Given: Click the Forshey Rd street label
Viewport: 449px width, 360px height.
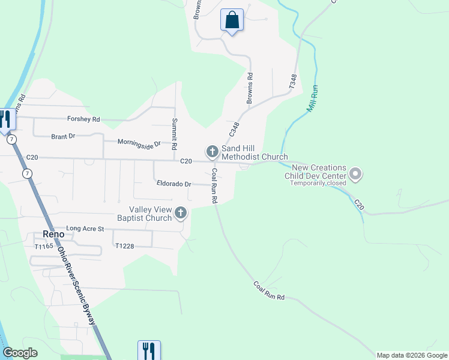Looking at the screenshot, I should click(83, 119).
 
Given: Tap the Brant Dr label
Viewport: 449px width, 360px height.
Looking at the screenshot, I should click(63, 137).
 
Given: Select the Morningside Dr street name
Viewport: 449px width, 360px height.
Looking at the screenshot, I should click(139, 143).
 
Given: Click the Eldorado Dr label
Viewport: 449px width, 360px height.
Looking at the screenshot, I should click(173, 184).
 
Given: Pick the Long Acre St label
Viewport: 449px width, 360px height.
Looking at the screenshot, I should click(85, 229).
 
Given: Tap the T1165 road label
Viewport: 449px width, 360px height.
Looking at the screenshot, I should click(44, 247).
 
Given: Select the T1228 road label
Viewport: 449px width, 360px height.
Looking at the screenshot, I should click(124, 246).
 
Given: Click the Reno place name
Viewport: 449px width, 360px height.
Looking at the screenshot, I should click(54, 234).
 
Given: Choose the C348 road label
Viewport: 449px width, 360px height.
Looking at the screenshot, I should click(234, 129).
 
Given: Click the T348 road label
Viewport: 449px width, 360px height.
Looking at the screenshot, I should click(293, 82).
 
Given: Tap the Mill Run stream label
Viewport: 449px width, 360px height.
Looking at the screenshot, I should click(312, 99).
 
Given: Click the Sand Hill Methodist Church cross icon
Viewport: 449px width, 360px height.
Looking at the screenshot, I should click(212, 152).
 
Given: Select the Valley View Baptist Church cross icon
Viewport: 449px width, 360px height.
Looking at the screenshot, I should click(181, 213).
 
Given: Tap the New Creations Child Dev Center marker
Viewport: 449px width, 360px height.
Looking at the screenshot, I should click(355, 175).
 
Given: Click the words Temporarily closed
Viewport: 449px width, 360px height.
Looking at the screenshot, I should click(318, 183).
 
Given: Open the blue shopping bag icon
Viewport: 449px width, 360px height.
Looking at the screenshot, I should click(232, 20).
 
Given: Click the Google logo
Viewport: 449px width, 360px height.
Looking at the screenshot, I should click(20, 353).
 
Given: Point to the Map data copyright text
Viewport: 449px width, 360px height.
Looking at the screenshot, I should click(412, 355).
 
